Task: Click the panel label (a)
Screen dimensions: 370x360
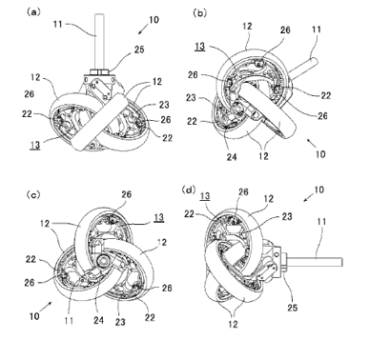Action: pyautogui.click(x=33, y=12)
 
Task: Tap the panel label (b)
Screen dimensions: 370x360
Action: pyautogui.click(x=200, y=13)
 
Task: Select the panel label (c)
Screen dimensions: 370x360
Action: pyautogui.click(x=33, y=194)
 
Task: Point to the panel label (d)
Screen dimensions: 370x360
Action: pyautogui.click(x=189, y=190)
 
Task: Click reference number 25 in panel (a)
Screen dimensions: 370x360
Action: pyautogui.click(x=139, y=50)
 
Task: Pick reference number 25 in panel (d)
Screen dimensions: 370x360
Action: pyautogui.click(x=293, y=308)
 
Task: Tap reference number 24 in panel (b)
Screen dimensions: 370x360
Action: pyautogui.click(x=232, y=157)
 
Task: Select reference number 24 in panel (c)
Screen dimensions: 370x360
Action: pyautogui.click(x=98, y=320)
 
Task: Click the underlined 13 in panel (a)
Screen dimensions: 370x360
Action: pyautogui.click(x=35, y=145)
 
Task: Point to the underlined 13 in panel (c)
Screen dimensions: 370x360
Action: pyautogui.click(x=158, y=217)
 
